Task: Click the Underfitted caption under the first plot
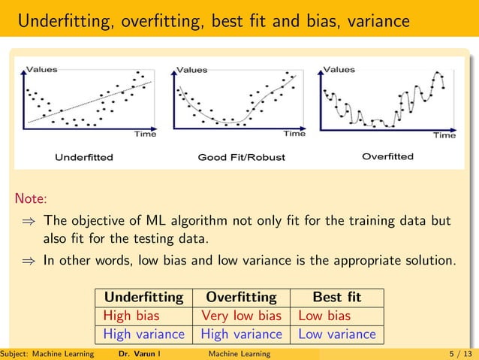click(84, 158)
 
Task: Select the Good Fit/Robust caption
click(241, 158)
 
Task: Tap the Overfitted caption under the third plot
click(387, 157)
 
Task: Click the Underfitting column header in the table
click(143, 297)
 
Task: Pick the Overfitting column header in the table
click(241, 297)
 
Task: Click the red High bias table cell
click(131, 316)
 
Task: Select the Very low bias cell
click(241, 316)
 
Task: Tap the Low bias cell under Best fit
click(324, 316)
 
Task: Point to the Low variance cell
click(337, 334)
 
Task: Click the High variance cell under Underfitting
click(143, 334)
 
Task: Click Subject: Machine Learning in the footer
click(47, 354)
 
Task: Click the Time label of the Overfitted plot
click(444, 136)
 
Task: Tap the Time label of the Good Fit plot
click(294, 135)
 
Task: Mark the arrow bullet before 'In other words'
click(31, 262)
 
